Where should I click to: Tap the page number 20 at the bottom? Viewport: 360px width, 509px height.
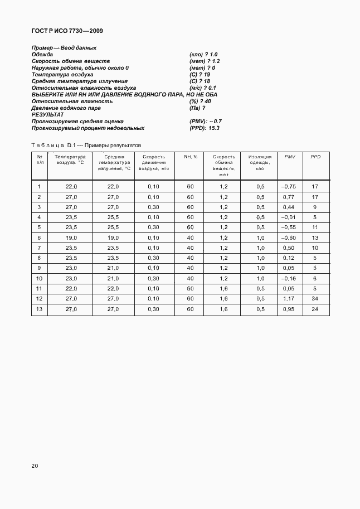[35, 466]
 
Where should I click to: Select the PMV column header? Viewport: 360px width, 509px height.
[289, 157]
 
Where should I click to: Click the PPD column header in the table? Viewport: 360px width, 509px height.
[315, 157]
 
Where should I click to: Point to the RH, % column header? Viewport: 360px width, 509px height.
[191, 157]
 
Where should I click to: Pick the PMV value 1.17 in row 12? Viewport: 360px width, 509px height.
[288, 299]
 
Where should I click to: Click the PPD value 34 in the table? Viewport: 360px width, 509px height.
[315, 299]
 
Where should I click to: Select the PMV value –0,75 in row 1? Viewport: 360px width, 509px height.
[288, 186]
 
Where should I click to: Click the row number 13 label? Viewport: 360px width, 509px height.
[39, 309]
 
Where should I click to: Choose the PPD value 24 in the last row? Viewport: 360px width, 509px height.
[315, 309]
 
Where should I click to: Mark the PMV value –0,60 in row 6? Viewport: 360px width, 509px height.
[288, 237]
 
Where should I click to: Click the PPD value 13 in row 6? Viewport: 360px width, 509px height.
[315, 237]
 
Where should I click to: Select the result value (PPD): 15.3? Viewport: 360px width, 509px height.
[205, 128]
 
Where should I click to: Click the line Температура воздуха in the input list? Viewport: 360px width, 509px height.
[62, 74]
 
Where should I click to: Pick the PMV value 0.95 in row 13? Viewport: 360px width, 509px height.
[288, 309]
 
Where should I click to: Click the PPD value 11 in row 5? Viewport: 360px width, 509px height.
[315, 227]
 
